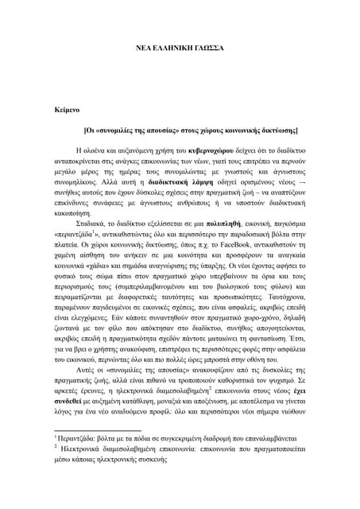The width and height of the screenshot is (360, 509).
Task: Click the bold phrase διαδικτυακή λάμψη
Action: tap(172, 180)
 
